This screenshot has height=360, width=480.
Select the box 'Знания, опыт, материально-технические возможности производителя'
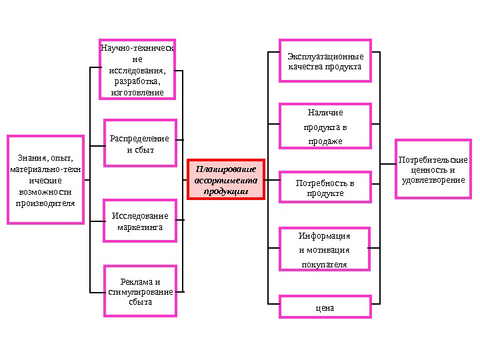(x=46, y=180)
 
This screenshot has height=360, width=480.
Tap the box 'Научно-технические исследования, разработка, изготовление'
(x=138, y=69)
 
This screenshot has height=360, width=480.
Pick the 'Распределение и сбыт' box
(x=140, y=143)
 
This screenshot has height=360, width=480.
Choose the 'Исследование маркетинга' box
(x=140, y=221)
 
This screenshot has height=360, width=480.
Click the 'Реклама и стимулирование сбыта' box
(x=140, y=291)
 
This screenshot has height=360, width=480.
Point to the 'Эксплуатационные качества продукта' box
(x=325, y=61)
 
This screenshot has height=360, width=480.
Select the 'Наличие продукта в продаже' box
(x=325, y=126)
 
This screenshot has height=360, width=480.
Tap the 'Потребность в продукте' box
(x=325, y=187)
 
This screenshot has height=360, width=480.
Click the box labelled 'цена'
(x=325, y=307)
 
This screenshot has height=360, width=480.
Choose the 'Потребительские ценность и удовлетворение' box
(x=433, y=169)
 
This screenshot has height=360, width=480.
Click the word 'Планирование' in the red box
(x=225, y=169)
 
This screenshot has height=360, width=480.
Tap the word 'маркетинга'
(x=140, y=227)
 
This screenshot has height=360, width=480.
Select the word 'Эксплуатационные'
(x=325, y=57)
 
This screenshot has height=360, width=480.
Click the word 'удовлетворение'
(x=433, y=180)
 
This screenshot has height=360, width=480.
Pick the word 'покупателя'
(x=325, y=264)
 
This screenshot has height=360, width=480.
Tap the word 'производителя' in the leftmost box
(x=46, y=202)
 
